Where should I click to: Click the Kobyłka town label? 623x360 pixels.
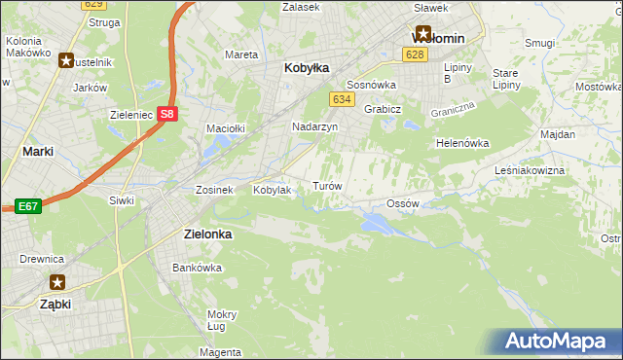coord(307,68)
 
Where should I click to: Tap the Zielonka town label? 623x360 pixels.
coord(208,234)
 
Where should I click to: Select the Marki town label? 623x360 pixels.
coord(37,152)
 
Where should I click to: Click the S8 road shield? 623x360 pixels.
coord(168,114)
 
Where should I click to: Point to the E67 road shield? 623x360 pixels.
coord(26,206)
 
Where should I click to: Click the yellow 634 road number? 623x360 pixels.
coord(341,99)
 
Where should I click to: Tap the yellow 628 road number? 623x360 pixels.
coord(417,55)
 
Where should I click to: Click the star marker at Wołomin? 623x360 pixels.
coord(422,32)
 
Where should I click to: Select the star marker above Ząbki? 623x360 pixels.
coord(57,282)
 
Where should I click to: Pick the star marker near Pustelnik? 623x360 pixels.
coord(65,60)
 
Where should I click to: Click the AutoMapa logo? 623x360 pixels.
coord(555,341)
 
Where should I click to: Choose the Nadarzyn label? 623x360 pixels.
coord(314,127)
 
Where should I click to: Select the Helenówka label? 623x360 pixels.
coord(462,143)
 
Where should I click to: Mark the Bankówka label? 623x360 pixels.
coord(192,267)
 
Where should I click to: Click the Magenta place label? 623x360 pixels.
coord(222,351)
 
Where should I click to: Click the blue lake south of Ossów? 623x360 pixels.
coord(376,225)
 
